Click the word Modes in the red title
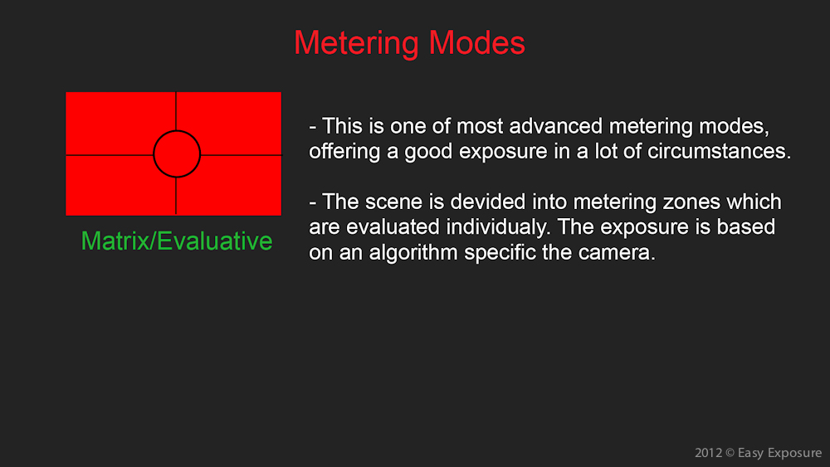[477, 42]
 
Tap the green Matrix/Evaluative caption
[177, 241]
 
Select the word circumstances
[720, 152]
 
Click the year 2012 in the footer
[708, 453]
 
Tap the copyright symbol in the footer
[730, 453]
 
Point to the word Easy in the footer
[750, 453]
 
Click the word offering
[344, 153]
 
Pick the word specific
[500, 253]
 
